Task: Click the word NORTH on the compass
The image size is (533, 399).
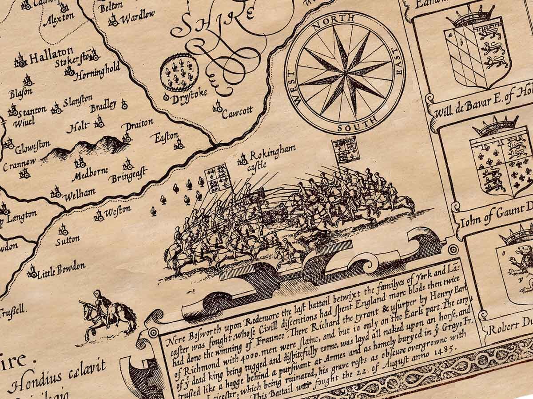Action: click(x=340, y=21)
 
